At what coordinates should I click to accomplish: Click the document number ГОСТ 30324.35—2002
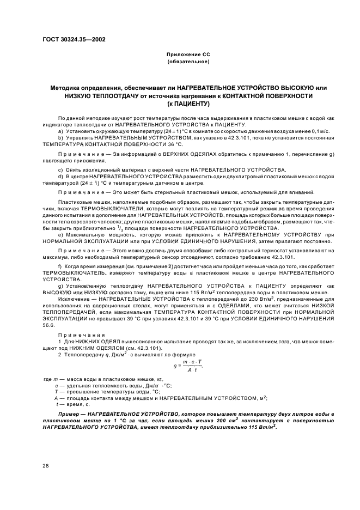(x=74, y=40)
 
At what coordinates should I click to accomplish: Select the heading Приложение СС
(x=188, y=56)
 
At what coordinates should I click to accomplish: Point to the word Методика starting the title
(x=65, y=87)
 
